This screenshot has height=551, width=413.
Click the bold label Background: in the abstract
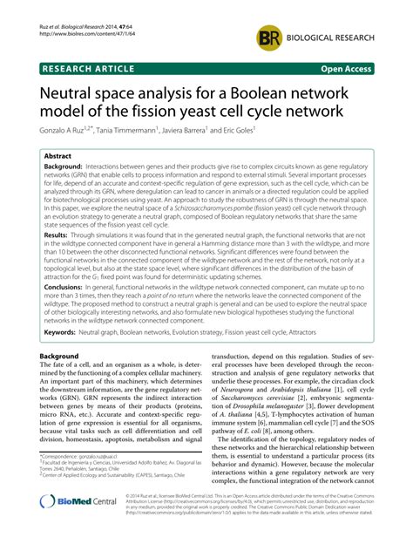pos(70,167)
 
